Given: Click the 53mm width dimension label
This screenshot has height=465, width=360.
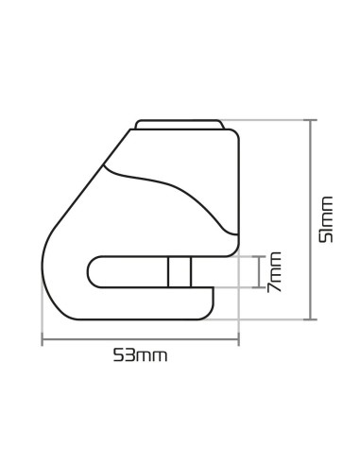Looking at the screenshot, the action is click(140, 355).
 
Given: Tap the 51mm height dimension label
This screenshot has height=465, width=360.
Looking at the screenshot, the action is click(326, 219).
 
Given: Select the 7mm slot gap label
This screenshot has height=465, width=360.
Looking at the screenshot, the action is click(274, 272).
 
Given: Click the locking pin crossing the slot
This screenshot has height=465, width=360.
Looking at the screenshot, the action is click(180, 272).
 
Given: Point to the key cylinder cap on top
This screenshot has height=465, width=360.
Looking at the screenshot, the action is click(180, 125).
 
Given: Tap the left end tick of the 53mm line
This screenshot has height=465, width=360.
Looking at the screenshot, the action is click(43, 339).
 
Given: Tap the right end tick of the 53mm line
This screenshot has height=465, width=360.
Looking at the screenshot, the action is click(238, 339).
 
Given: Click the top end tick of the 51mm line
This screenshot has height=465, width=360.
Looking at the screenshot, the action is click(310, 120).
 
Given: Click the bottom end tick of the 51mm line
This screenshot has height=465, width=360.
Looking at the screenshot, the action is click(310, 319).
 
